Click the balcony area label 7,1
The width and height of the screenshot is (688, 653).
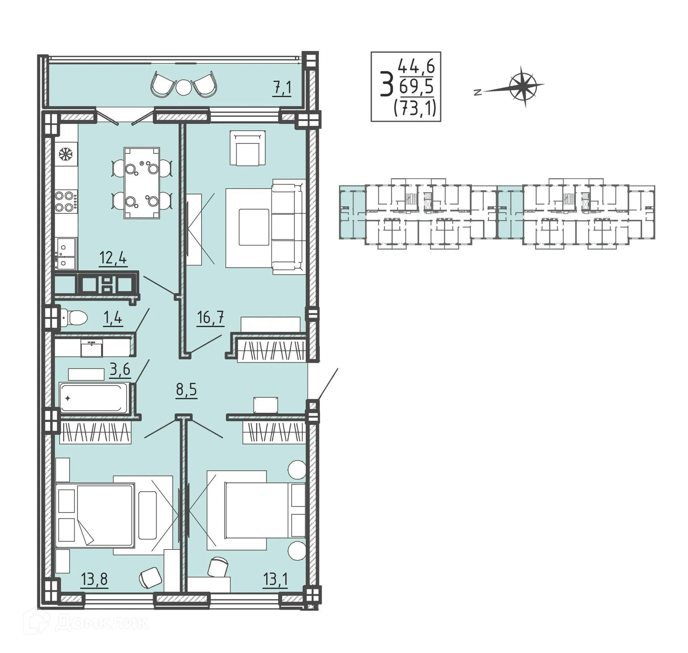pos(282,88)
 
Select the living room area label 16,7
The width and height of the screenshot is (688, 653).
pos(211,317)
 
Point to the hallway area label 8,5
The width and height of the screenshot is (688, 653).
pos(186,389)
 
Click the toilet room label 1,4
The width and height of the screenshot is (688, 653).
pos(113,318)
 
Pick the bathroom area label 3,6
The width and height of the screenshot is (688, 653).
pos(120,369)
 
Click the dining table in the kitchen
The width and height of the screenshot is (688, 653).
pos(142,183)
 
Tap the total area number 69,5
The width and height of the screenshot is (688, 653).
pos(416,87)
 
